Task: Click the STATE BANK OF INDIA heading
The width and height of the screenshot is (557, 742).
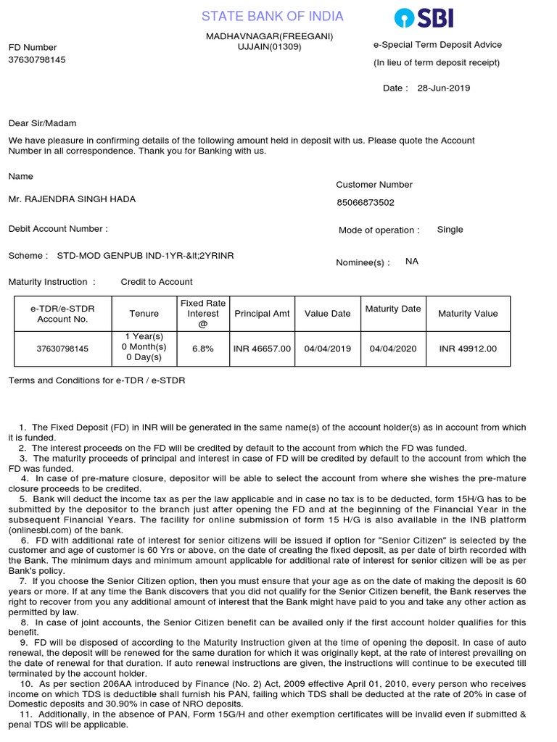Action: [x=272, y=17]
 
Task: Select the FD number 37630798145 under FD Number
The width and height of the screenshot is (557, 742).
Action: [x=37, y=59]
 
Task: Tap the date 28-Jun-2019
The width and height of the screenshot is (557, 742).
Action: [x=443, y=88]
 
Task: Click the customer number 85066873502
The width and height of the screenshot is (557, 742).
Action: [x=366, y=203]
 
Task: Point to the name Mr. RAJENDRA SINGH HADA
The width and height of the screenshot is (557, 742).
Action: [x=72, y=199]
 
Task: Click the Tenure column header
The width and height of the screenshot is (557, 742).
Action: [x=144, y=314]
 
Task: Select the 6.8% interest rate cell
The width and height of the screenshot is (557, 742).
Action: [x=202, y=349]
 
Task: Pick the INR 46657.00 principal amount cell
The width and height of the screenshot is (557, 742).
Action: [x=262, y=349]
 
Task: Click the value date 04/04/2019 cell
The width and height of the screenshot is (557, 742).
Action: [x=327, y=349]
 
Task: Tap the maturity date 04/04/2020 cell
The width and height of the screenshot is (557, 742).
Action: [x=392, y=349]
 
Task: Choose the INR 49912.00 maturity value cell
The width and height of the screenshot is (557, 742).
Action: [x=468, y=349]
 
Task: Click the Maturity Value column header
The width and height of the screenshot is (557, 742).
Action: [x=468, y=314]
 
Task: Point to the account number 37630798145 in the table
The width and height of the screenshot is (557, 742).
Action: [x=62, y=349]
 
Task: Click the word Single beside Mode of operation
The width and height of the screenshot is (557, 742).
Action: [x=450, y=230]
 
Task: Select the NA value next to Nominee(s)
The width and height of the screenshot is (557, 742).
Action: [x=412, y=262]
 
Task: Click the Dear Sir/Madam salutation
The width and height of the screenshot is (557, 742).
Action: [x=42, y=123]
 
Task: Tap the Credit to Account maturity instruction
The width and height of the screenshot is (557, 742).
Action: [x=157, y=282]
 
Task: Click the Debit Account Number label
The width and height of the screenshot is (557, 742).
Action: [x=58, y=229]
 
